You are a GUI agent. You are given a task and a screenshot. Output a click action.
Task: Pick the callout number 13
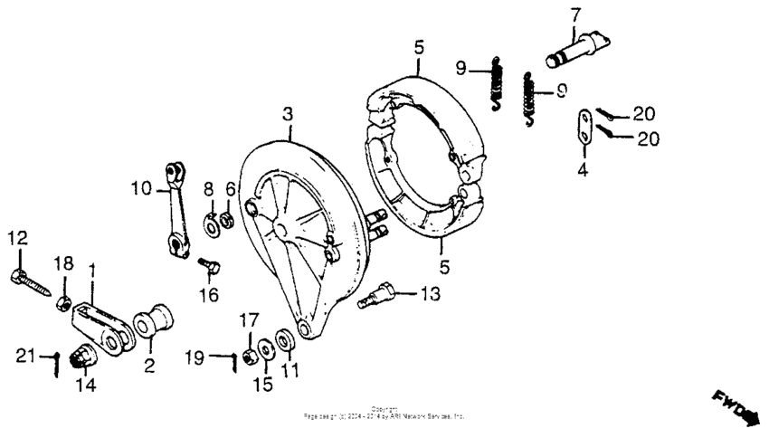point(431,294)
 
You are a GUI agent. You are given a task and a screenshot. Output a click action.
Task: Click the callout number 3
point(288,114)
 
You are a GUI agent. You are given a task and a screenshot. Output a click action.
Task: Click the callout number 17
point(249,319)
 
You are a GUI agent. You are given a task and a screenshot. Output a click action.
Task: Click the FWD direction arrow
point(737,408)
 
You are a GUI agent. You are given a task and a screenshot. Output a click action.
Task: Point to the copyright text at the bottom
point(384,414)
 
